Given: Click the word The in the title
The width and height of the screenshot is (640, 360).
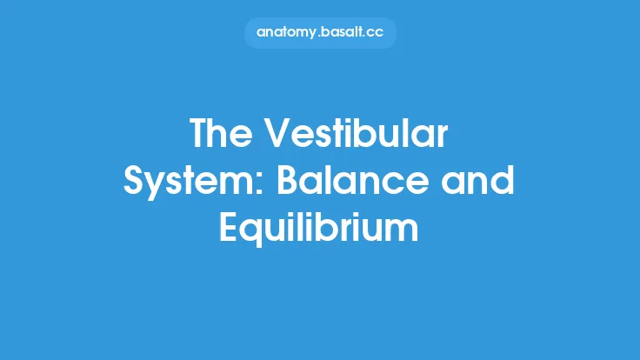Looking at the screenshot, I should (x=220, y=136).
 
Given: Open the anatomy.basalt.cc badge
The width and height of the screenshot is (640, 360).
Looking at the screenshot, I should (x=320, y=33).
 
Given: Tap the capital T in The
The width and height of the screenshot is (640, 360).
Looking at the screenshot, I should (x=200, y=136).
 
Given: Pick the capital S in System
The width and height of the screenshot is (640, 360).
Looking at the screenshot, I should (x=137, y=183).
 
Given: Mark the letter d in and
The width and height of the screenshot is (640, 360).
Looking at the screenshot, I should (x=504, y=183).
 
